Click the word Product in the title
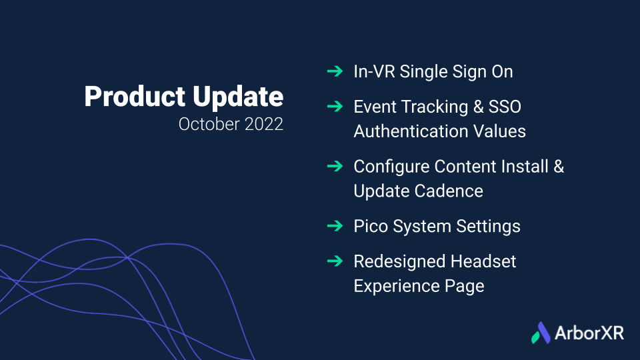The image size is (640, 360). click(135, 96)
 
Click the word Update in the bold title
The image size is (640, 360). click(238, 97)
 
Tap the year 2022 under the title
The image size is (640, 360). click(264, 124)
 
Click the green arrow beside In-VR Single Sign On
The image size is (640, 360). click(335, 71)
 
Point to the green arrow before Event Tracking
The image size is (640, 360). click(335, 107)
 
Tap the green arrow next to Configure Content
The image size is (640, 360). click(335, 166)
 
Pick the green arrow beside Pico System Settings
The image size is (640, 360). click(335, 226)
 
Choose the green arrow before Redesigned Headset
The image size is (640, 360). click(335, 261)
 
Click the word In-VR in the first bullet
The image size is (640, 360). click(374, 71)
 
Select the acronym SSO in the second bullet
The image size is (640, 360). click(505, 107)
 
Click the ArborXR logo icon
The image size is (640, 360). click(541, 333)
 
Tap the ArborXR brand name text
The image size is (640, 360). click(589, 333)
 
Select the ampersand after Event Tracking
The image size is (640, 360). click(479, 107)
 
